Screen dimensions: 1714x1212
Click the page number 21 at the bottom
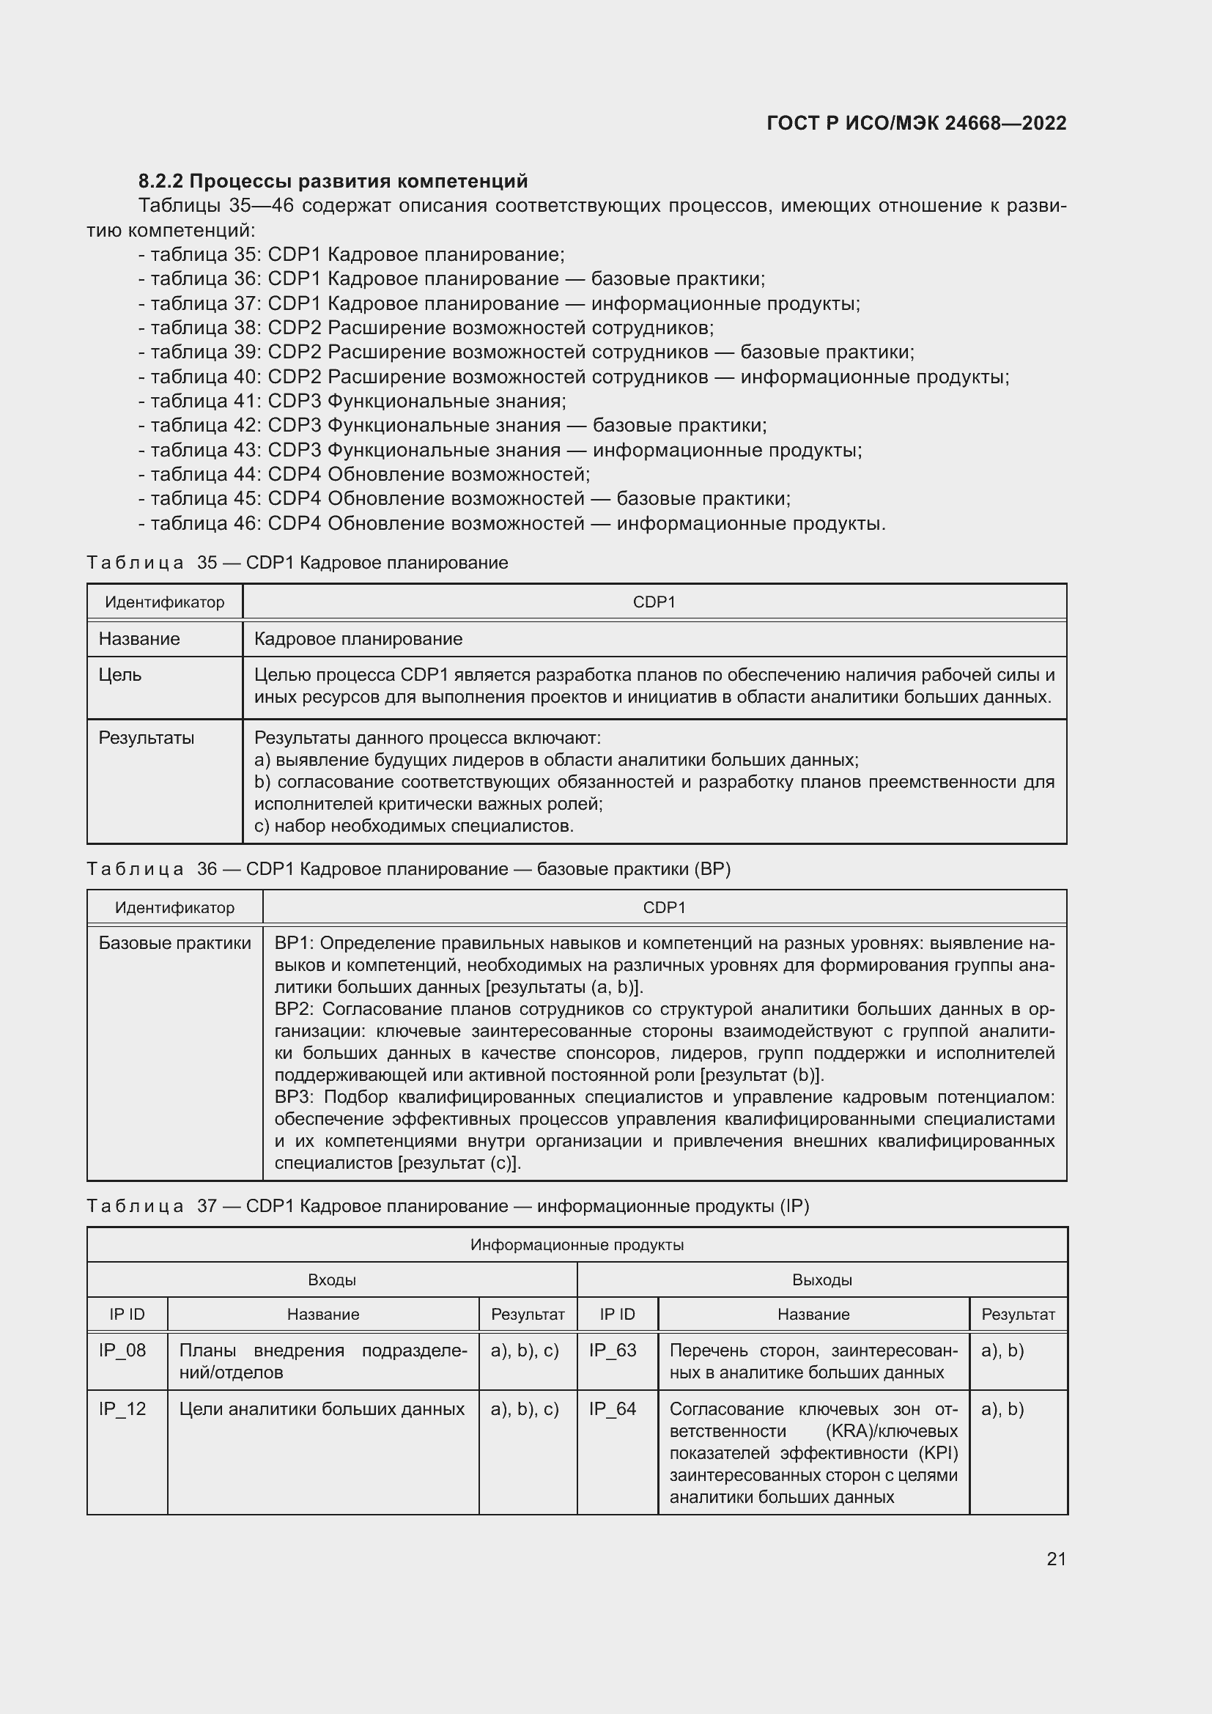point(1056,1559)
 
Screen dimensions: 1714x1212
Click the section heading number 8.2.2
point(161,182)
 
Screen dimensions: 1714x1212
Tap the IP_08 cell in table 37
point(122,1351)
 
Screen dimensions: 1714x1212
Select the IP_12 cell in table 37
point(122,1408)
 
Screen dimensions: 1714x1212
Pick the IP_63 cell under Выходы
point(613,1351)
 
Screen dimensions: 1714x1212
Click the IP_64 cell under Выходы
point(613,1408)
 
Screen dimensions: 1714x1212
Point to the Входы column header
point(331,1279)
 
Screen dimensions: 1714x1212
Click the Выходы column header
point(821,1279)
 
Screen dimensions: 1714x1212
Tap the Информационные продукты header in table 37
point(577,1244)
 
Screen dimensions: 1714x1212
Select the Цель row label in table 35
point(120,675)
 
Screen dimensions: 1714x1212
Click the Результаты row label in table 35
point(147,739)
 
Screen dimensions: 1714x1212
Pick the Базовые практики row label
point(174,943)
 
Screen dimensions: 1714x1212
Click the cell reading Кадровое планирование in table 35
point(358,639)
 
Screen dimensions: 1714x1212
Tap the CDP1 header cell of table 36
point(664,908)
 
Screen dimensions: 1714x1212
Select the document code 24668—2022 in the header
point(1005,124)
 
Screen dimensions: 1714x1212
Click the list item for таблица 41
point(352,402)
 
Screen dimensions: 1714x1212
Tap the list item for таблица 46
point(512,523)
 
